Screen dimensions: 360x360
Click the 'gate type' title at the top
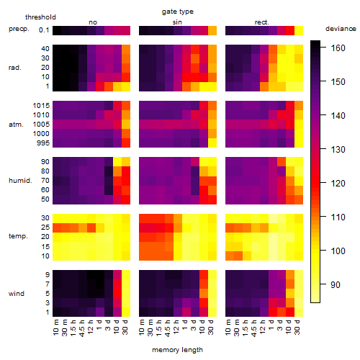click(x=178, y=12)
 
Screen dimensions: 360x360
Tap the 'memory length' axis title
click(x=177, y=350)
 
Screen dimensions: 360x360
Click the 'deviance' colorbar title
click(x=341, y=29)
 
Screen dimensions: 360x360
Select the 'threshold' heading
click(x=40, y=17)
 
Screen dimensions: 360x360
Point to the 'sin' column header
click(x=177, y=22)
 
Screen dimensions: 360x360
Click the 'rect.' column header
click(x=261, y=22)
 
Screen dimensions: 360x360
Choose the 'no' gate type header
click(x=93, y=22)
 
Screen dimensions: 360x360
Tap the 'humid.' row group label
click(x=20, y=181)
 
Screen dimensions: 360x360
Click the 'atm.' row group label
click(x=16, y=125)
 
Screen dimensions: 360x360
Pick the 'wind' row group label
click(x=17, y=294)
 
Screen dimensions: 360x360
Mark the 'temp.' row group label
click(x=18, y=236)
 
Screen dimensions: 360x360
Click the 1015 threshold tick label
click(x=41, y=106)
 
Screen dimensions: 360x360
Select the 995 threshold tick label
click(x=43, y=143)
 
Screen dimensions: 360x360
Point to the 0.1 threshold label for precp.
click(x=44, y=30)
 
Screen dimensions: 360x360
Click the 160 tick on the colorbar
click(x=338, y=48)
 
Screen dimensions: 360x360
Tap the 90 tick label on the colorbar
click(x=336, y=285)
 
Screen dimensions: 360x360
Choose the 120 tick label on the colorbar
click(x=338, y=184)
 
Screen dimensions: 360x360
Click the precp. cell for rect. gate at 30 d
click(x=299, y=30)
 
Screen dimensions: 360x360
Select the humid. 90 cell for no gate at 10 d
click(x=117, y=161)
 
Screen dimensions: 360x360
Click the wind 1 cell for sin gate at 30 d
click(x=212, y=312)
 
